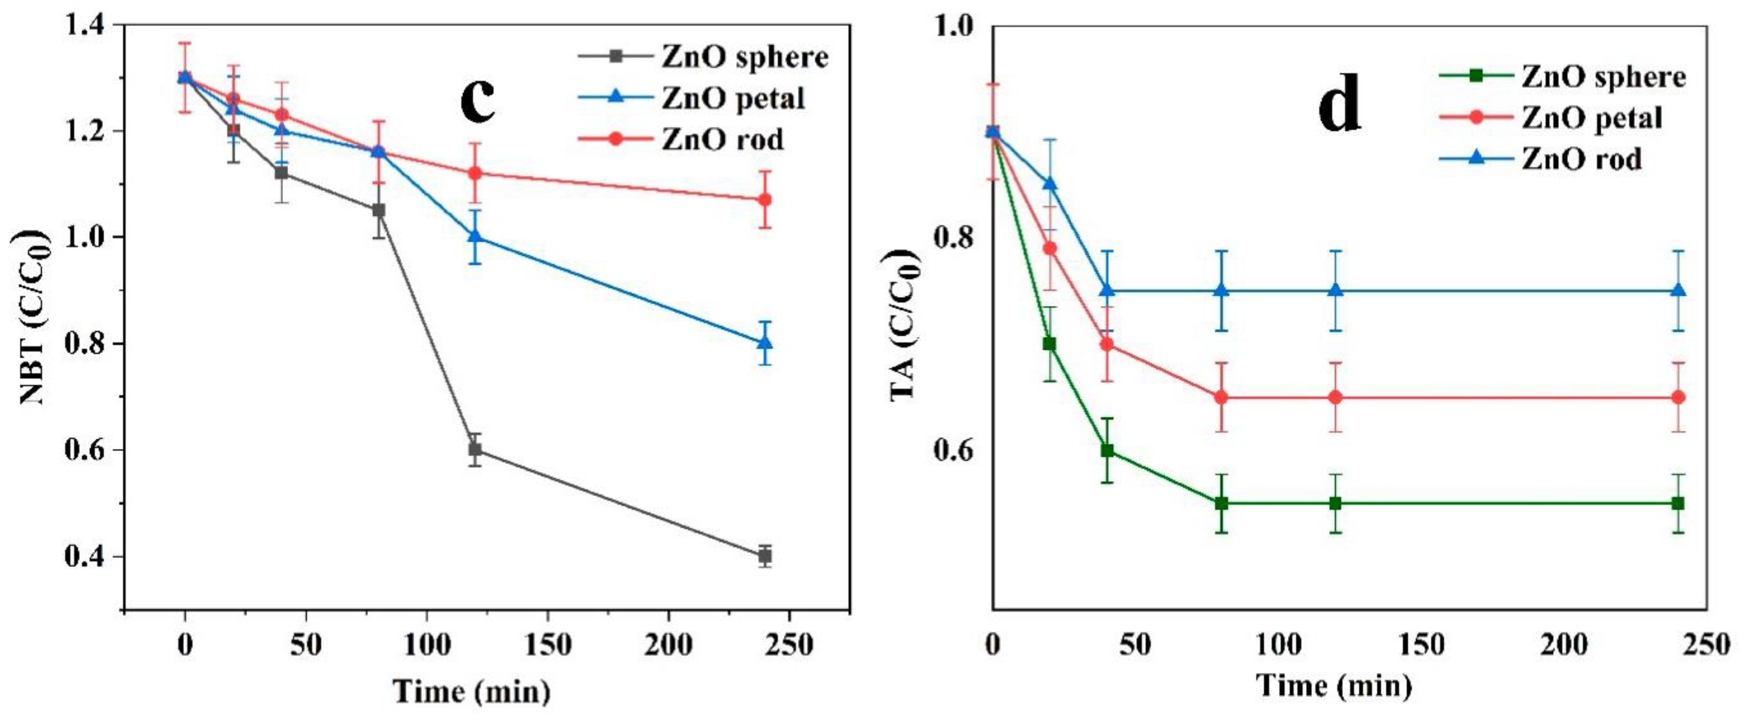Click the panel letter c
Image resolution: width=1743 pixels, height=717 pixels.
point(478,100)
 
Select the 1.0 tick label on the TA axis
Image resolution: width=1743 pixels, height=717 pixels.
point(954,27)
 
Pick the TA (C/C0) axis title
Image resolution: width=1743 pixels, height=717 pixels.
point(905,325)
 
